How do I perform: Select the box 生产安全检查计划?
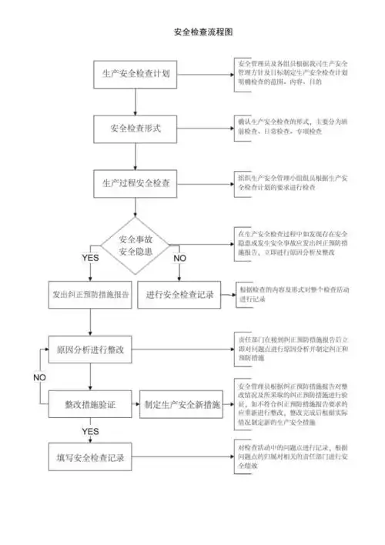(136, 75)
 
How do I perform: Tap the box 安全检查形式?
(136, 129)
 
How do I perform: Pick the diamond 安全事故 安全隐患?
(136, 245)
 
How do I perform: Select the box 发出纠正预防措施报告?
(91, 295)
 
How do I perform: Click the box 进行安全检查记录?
(179, 295)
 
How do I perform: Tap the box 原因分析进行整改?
(91, 349)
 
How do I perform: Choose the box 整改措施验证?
(91, 403)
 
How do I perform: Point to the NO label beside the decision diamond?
(179, 257)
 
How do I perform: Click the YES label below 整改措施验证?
(91, 430)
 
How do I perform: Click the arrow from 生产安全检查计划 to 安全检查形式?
(136, 102)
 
